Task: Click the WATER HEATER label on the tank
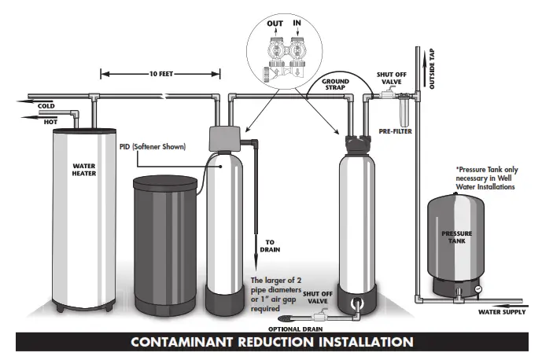tap(85, 170)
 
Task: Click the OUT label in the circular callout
tap(275, 24)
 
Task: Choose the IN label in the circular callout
tap(298, 24)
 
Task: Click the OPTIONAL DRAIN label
tap(296, 328)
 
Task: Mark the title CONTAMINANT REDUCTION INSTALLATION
tap(271, 343)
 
